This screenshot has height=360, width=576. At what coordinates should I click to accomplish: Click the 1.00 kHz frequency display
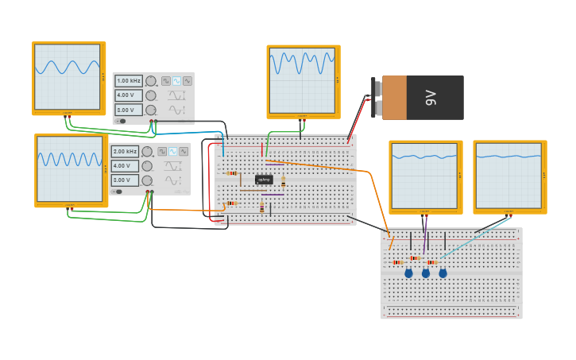click(x=128, y=81)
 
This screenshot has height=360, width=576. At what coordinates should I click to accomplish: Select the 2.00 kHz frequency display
click(x=125, y=151)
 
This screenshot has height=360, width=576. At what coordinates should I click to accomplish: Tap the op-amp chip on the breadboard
click(x=264, y=180)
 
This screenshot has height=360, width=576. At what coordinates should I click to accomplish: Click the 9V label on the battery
click(x=431, y=98)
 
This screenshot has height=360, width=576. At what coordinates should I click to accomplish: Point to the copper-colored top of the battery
click(x=394, y=98)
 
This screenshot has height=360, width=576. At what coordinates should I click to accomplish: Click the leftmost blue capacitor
click(x=409, y=273)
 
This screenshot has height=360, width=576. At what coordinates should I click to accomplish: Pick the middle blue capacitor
click(x=426, y=273)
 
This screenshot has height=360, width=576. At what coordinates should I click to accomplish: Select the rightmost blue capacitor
click(x=443, y=273)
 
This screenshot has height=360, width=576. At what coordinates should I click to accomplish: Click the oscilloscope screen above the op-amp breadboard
click(x=302, y=79)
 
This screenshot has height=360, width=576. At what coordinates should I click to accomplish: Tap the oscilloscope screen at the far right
click(x=508, y=176)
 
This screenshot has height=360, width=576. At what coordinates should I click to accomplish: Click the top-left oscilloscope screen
click(x=68, y=76)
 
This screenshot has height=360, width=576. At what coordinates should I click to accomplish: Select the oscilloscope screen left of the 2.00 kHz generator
click(x=70, y=168)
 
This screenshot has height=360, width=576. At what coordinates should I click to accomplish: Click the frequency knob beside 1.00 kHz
click(x=151, y=81)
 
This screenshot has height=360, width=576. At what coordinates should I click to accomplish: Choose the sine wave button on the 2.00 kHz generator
click(x=172, y=151)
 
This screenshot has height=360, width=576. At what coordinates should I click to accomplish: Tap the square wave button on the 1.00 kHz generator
click(x=166, y=81)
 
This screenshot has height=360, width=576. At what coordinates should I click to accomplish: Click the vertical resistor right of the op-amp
click(x=283, y=183)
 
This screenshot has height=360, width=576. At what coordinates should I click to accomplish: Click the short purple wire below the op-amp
click(x=273, y=195)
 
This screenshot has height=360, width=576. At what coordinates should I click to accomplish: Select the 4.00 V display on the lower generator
click(x=125, y=165)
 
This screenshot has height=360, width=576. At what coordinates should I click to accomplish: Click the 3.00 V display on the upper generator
click(x=128, y=110)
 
